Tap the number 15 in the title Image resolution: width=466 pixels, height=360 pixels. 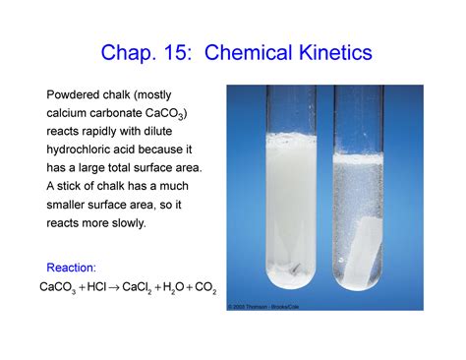click(197, 52)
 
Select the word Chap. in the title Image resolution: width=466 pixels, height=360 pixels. click(137, 52)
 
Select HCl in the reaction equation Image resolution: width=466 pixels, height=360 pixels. click(96, 287)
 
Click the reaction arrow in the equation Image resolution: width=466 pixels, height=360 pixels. click(116, 287)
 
